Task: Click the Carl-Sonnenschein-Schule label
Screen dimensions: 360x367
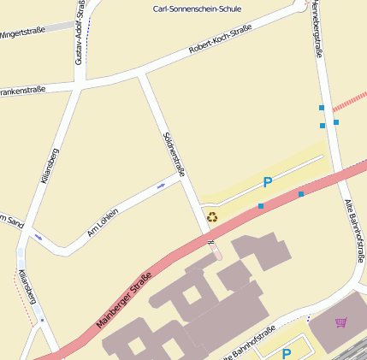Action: pyautogui.click(x=197, y=9)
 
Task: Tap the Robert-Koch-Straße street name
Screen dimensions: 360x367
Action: pyautogui.click(x=220, y=40)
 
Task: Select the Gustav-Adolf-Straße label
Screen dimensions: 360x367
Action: pyautogui.click(x=80, y=32)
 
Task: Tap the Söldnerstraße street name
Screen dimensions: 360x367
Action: pyautogui.click(x=175, y=155)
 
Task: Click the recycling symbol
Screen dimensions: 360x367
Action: pyautogui.click(x=212, y=217)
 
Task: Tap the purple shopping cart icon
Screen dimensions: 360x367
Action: pyautogui.click(x=341, y=322)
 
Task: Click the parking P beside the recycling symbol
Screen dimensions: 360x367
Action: pyautogui.click(x=268, y=182)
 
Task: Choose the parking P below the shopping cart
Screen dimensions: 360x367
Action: pyautogui.click(x=287, y=352)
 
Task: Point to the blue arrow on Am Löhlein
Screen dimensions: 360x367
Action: pyautogui.click(x=161, y=186)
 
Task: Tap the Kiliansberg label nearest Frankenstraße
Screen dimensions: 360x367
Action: pyautogui.click(x=49, y=166)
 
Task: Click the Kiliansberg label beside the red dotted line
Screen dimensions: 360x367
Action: pyautogui.click(x=27, y=286)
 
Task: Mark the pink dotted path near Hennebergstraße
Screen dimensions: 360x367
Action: pyautogui.click(x=348, y=102)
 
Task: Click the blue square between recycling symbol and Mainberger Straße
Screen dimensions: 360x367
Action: pyautogui.click(x=261, y=206)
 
